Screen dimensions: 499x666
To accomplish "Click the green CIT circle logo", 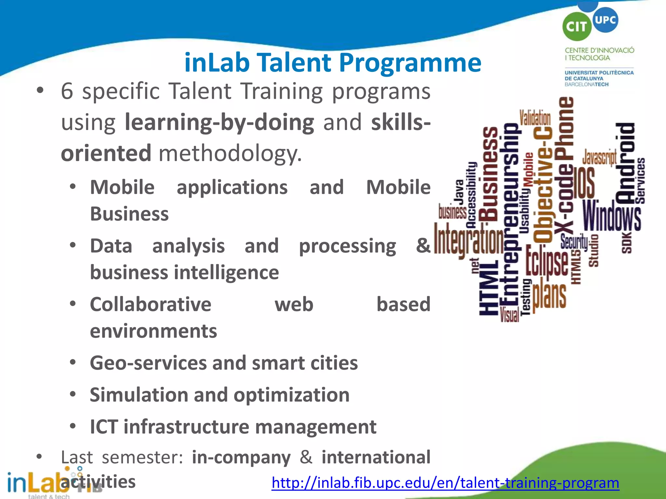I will point(576,27).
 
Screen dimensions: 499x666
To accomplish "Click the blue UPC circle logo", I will point(605,20).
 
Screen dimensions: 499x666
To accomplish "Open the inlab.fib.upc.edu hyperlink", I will point(445,483).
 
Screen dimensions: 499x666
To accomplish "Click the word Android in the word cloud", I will point(625,162).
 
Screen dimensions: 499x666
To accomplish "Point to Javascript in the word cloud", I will point(599,158).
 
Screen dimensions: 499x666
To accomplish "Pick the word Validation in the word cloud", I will point(535,118).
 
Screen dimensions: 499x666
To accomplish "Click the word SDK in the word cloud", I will point(627,242).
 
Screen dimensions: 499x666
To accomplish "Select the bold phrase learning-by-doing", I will point(220,122).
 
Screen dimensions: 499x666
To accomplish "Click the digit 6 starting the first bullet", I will point(67,91).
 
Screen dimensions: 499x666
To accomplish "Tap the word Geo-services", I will point(148,363).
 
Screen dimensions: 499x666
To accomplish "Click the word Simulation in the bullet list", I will point(139,395).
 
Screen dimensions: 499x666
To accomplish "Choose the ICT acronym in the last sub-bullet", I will point(103,427).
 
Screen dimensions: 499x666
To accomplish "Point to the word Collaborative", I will point(151,304).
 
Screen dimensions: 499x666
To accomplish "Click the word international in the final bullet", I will point(376,457).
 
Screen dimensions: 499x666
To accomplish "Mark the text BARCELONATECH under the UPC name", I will point(586,84).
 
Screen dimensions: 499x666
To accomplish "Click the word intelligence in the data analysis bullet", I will point(226,272).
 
